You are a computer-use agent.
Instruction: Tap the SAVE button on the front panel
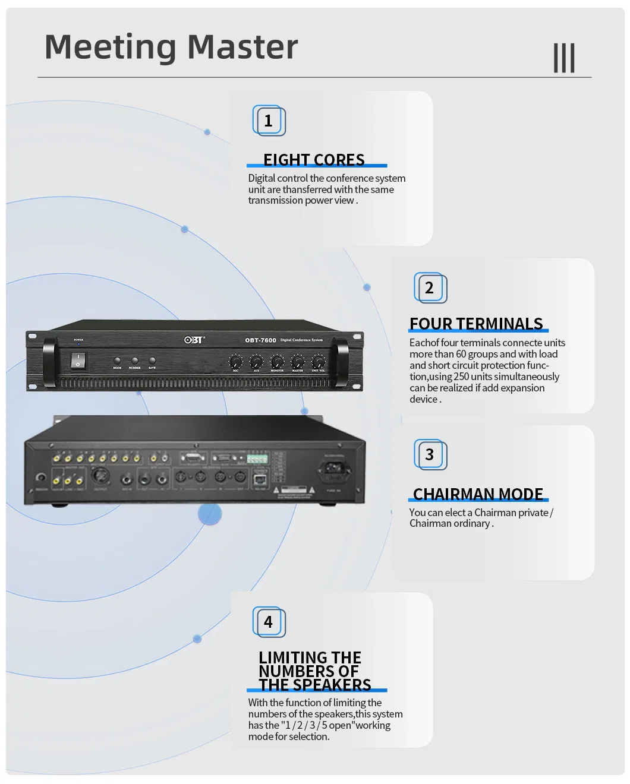coord(152,361)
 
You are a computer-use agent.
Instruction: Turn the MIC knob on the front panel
coord(235,362)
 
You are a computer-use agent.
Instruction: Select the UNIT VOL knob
coord(319,362)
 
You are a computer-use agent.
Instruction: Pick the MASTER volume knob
coord(298,362)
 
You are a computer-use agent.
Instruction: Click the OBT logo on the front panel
coord(194,340)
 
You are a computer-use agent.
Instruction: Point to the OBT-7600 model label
coord(260,340)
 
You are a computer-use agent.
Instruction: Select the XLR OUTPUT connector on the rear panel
coord(100,476)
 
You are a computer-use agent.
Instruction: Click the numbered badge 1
coord(269,121)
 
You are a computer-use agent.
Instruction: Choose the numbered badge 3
coord(430,455)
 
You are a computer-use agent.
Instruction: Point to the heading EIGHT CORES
coord(314,160)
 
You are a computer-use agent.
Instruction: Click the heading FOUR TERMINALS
coord(476,324)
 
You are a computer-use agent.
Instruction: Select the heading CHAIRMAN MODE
coord(478,494)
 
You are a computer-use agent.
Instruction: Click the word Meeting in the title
coord(111,47)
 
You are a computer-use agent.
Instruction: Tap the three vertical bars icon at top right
coord(564,58)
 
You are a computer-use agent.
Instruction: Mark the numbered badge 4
coord(269,622)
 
